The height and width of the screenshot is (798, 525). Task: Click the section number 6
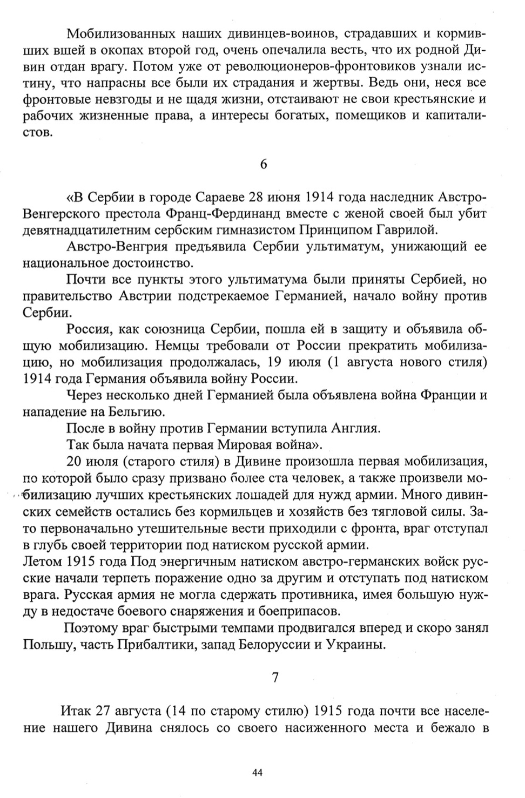264,164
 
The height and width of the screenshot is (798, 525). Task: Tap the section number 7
275,677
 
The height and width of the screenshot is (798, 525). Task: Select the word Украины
356,644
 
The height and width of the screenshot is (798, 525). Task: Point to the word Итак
76,710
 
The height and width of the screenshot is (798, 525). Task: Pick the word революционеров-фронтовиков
272,67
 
